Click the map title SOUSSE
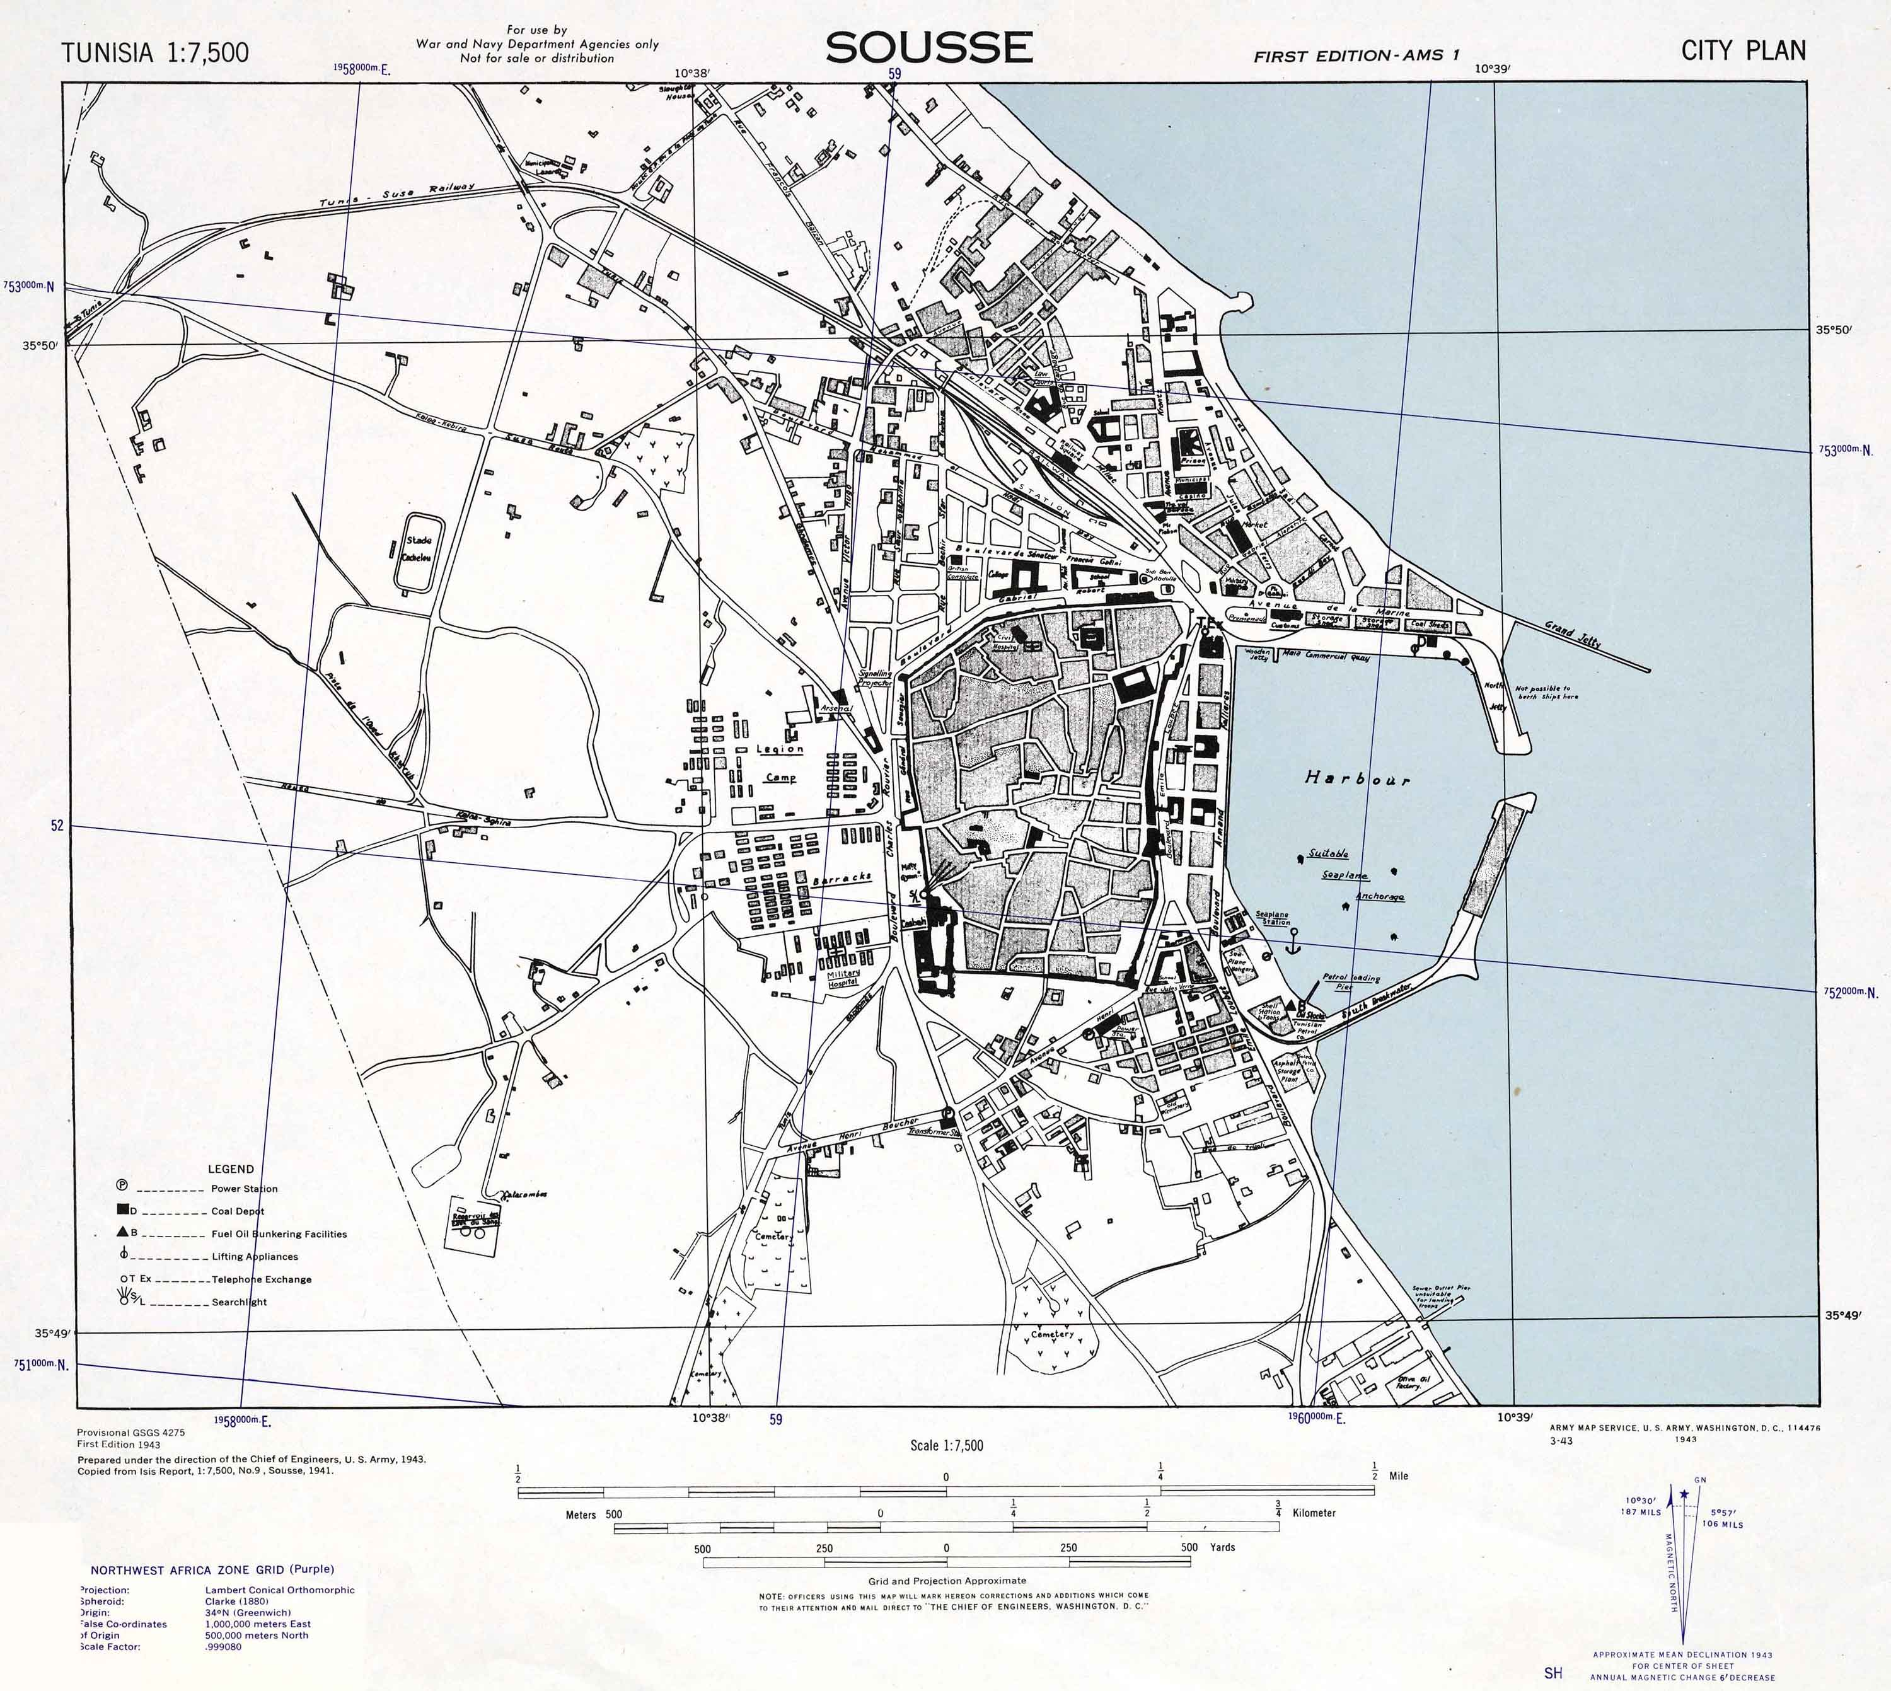click(x=928, y=49)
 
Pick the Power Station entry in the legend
click(x=243, y=1188)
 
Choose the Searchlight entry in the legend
click(x=240, y=1301)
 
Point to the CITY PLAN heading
click(x=1744, y=51)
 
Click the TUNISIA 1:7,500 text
click(x=155, y=53)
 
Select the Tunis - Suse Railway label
click(x=396, y=195)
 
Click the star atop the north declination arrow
click(x=1684, y=1495)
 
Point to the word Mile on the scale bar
click(x=1399, y=1475)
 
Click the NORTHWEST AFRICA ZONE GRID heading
click(x=212, y=1570)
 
